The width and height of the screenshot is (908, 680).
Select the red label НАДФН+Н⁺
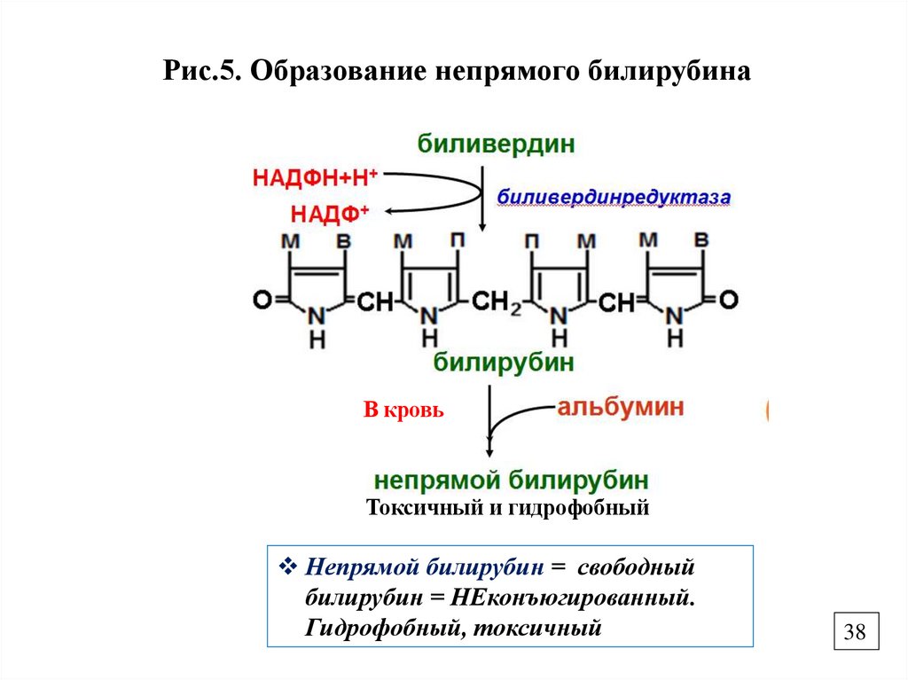point(316,177)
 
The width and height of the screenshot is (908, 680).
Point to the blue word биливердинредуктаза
point(613,198)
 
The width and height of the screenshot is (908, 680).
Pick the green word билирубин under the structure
point(503,362)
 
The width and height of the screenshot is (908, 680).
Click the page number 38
point(855,633)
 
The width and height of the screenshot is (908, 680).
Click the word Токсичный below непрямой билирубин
point(411,509)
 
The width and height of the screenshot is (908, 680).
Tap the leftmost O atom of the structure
point(263,301)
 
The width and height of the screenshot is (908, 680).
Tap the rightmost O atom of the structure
point(728,301)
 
